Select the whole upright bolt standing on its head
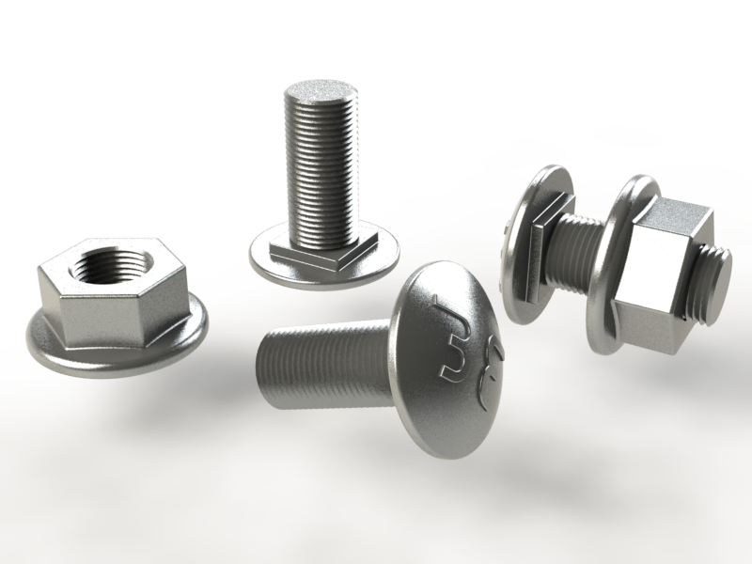[x=320, y=188]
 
